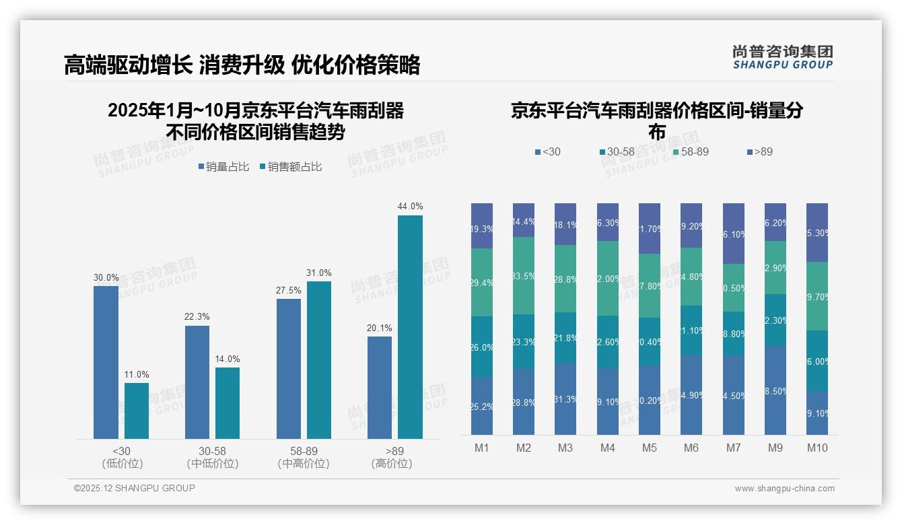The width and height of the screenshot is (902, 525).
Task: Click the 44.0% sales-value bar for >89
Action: pyautogui.click(x=410, y=327)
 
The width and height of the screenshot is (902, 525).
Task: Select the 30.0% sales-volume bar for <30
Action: pyautogui.click(x=106, y=362)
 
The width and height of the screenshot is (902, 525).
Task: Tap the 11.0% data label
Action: pyautogui.click(x=137, y=374)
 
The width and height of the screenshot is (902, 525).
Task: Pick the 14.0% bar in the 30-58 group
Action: pyautogui.click(x=228, y=403)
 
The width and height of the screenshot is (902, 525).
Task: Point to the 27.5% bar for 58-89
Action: pyautogui.click(x=289, y=369)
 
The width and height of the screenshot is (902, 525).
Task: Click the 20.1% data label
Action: pyautogui.click(x=380, y=328)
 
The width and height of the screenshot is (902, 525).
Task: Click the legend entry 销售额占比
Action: pyautogui.click(x=290, y=167)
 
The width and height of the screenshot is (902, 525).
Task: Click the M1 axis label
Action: pyautogui.click(x=482, y=448)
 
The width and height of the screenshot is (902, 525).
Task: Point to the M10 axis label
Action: pyautogui.click(x=817, y=448)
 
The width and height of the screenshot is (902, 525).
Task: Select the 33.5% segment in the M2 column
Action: pyautogui.click(x=524, y=275)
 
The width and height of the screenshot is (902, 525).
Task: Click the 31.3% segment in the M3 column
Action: pyautogui.click(x=565, y=398)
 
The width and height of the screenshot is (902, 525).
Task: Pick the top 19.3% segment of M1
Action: pyautogui.click(x=482, y=225)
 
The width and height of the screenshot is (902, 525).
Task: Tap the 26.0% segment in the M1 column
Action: pyautogui.click(x=482, y=347)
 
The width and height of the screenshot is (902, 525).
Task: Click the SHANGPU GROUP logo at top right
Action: pyautogui.click(x=782, y=57)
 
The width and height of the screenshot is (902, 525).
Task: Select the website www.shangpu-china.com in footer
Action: pyautogui.click(x=784, y=489)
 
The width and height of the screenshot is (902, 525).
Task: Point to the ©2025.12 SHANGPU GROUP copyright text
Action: pyautogui.click(x=135, y=488)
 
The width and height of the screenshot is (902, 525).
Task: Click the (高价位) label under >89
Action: pyautogui.click(x=392, y=464)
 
